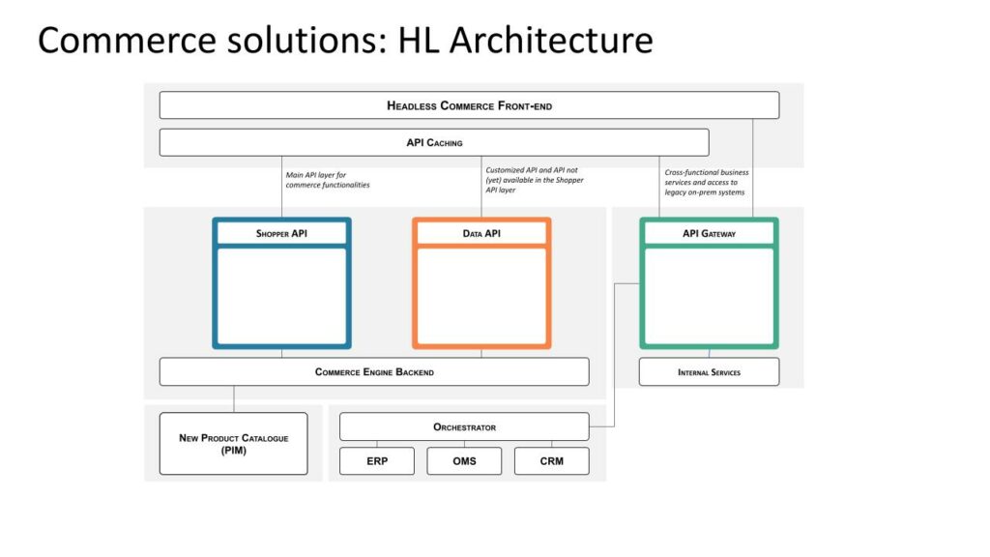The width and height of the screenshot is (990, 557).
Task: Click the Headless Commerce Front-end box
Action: pos(469,105)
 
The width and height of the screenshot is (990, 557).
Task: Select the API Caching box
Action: pos(434,143)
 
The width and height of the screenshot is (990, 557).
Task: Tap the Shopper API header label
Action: pos(281,234)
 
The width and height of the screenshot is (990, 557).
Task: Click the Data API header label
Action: pos(481,234)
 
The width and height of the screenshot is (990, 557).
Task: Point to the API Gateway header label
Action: pos(709,234)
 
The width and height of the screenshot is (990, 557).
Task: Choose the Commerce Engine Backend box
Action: pos(374,372)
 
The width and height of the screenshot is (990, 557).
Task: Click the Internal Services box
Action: pos(709,372)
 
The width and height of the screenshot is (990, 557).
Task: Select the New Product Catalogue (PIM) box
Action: pos(234,444)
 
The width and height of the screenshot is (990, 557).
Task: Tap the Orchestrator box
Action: pos(464,426)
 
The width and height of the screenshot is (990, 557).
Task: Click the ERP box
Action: pos(377,461)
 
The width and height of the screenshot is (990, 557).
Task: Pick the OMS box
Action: pos(464,461)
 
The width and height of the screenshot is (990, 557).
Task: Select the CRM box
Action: pos(552,461)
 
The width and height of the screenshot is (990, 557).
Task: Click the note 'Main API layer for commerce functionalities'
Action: pos(328,180)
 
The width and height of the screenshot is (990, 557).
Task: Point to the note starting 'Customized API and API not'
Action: pos(535,180)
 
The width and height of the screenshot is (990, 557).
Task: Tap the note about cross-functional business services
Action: pos(707,182)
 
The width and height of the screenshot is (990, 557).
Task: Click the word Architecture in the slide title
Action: pos(551,41)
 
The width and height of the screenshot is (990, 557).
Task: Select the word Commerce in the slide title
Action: pos(127,41)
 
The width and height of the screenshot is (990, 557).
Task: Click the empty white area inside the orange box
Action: pos(481,296)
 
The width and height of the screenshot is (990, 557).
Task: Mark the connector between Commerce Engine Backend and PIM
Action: pos(234,399)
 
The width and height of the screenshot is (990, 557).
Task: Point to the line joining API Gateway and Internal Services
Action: pos(709,354)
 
